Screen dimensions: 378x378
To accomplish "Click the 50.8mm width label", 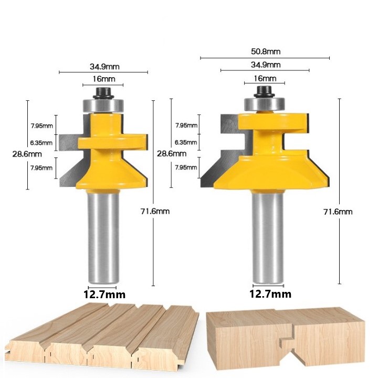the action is [x=266, y=51].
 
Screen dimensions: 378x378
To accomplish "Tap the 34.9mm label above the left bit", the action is [x=104, y=67].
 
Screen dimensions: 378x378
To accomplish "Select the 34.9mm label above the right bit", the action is [x=266, y=65].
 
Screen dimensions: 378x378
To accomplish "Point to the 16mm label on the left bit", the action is [x=104, y=79].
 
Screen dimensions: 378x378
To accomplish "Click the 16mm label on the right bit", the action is [x=265, y=78].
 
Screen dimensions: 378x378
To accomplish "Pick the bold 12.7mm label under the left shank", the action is [x=104, y=295].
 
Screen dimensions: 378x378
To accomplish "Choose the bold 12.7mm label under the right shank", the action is [x=270, y=294].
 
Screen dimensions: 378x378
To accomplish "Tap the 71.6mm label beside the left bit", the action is [x=155, y=212].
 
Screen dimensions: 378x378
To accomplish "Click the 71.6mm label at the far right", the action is [x=338, y=212].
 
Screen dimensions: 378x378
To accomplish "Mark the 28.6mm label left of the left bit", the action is [x=27, y=154].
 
